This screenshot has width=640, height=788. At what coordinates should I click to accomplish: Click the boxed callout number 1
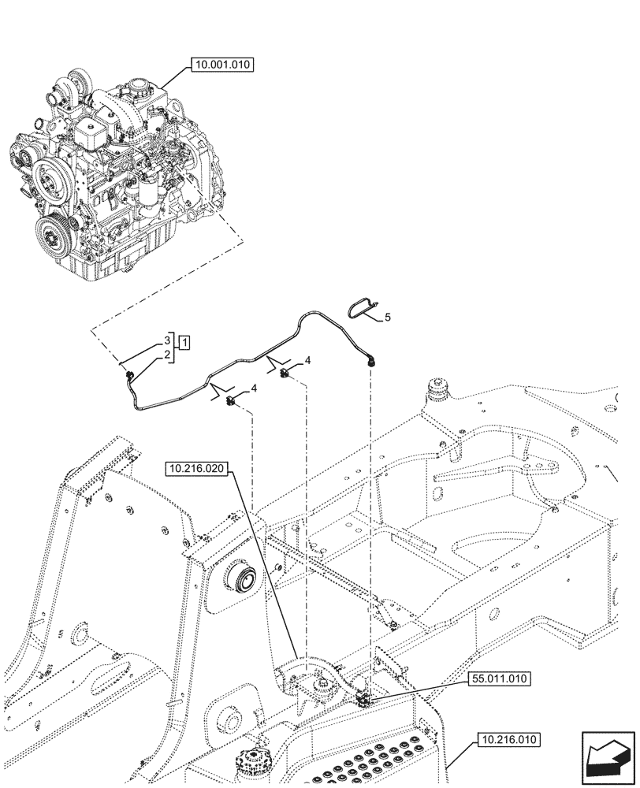(x=183, y=343)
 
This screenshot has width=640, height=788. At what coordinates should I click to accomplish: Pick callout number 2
(x=167, y=356)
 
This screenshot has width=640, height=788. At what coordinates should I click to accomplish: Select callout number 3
(x=167, y=340)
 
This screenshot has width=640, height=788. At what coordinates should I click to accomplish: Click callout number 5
(x=387, y=318)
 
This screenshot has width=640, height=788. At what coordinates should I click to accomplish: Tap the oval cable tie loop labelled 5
(x=363, y=306)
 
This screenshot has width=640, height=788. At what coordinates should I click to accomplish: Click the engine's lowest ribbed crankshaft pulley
(x=52, y=234)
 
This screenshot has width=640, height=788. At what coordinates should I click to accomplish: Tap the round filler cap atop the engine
(x=141, y=84)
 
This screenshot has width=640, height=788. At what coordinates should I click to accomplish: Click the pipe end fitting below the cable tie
(x=370, y=361)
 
